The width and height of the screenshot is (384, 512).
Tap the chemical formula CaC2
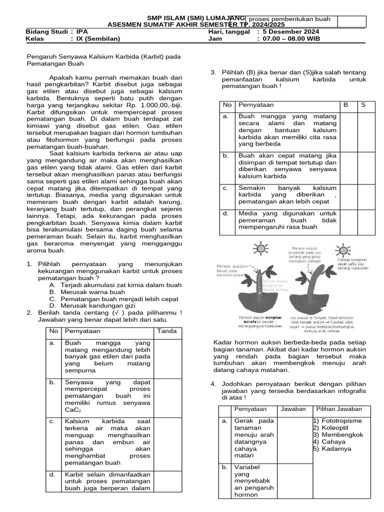click(x=73, y=410)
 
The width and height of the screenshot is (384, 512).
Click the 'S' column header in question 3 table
click(x=363, y=105)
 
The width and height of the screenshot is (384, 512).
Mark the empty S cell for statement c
click(x=363, y=195)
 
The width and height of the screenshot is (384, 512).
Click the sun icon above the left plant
click(x=260, y=247)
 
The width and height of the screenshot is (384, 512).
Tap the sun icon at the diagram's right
click(x=343, y=249)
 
